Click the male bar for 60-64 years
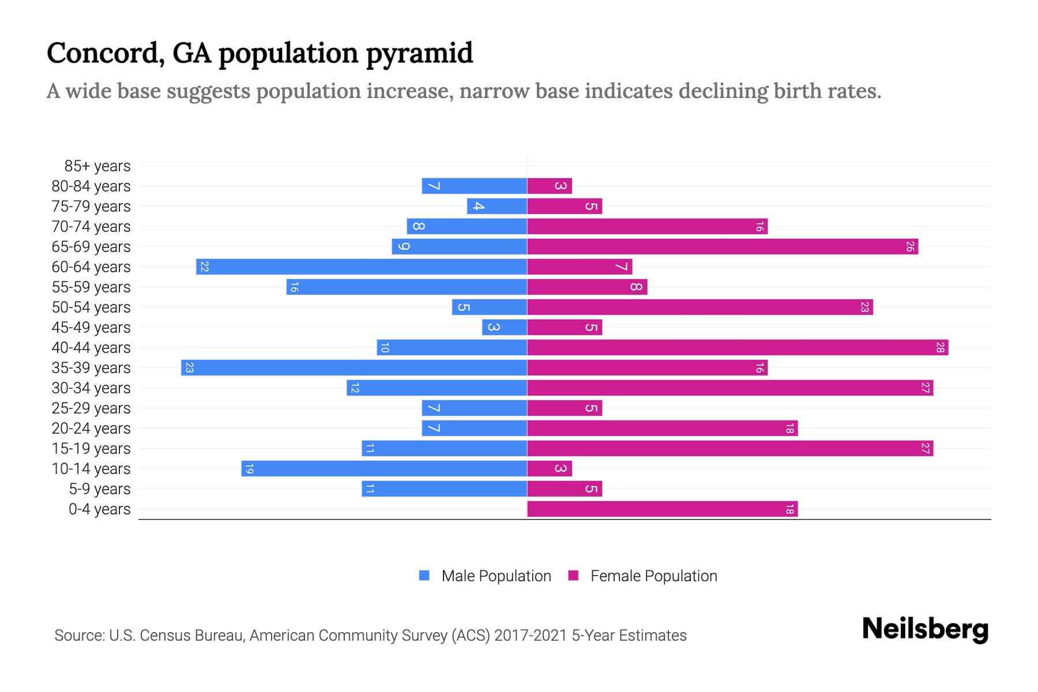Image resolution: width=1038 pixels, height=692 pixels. click(x=362, y=267)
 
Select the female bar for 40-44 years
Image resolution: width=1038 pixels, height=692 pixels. click(x=738, y=348)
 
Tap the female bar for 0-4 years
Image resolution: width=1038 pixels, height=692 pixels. click(x=662, y=509)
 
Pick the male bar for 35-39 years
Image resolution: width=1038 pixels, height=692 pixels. click(x=354, y=368)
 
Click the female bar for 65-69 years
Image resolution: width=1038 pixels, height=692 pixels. click(x=723, y=247)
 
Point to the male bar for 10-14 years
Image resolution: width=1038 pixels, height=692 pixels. click(x=384, y=469)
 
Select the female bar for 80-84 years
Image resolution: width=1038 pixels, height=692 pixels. click(x=550, y=186)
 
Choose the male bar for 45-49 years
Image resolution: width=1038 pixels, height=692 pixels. click(x=505, y=328)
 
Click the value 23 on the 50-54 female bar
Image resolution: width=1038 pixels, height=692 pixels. click(x=864, y=307)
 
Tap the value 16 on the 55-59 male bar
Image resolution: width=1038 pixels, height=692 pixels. click(x=294, y=287)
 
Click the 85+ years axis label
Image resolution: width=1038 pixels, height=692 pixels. click(x=97, y=166)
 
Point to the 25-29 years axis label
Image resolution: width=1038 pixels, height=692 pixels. click(x=91, y=408)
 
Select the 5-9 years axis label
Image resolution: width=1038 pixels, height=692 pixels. click(x=100, y=489)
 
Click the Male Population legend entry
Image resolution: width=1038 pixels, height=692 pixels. click(x=496, y=576)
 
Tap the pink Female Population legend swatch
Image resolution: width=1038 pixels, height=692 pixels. click(x=573, y=576)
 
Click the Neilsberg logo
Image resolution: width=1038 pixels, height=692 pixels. click(x=925, y=629)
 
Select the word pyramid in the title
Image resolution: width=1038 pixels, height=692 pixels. click(x=419, y=54)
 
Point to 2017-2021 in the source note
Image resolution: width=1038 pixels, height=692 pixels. click(x=531, y=635)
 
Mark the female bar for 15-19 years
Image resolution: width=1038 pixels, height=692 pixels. click(x=730, y=449)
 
